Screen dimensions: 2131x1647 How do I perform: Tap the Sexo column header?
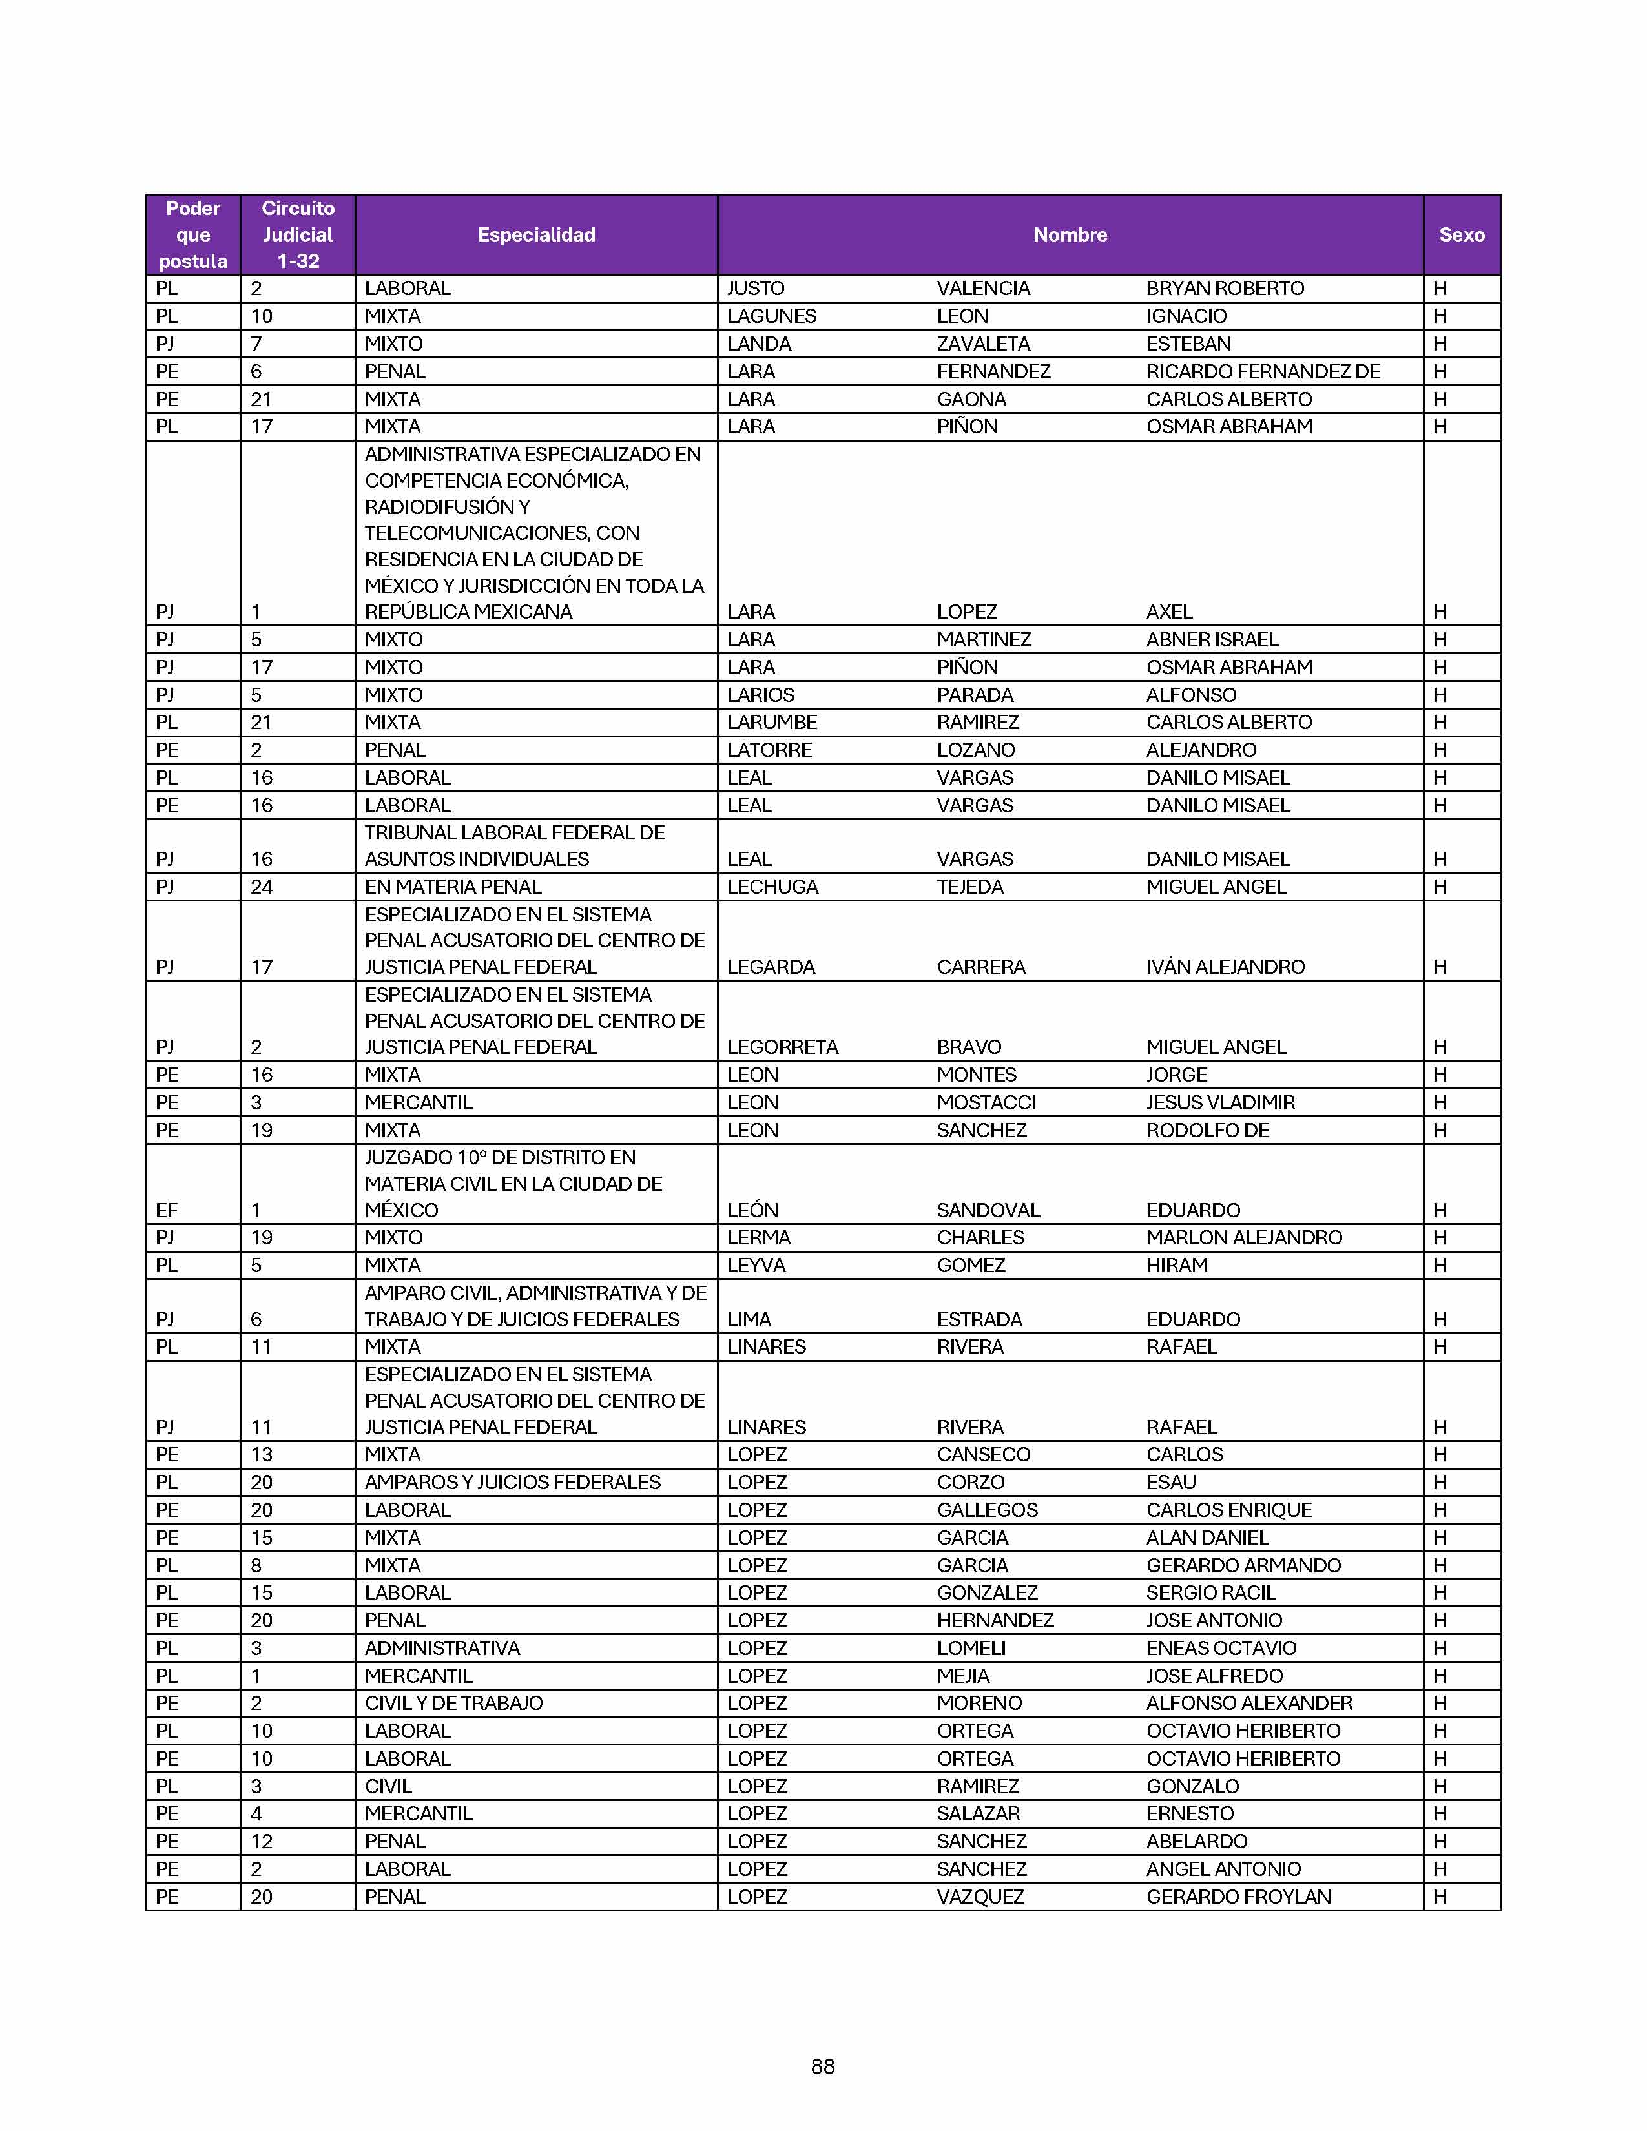[1460, 235]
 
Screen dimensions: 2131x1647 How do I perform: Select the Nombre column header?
[1070, 235]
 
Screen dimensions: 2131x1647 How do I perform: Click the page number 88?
[822, 2066]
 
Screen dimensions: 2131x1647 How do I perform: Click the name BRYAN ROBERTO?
[1225, 289]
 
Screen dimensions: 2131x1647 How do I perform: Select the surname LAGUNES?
[771, 316]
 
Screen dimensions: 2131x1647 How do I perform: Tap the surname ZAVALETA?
[982, 344]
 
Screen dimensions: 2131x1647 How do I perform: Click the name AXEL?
[1169, 612]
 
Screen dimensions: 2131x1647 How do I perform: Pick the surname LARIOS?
[760, 695]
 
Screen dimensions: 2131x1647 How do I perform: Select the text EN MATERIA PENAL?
[453, 887]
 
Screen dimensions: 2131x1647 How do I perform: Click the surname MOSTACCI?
[986, 1102]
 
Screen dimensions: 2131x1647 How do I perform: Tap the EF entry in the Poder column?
[167, 1210]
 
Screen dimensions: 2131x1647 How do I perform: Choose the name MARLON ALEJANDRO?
[1243, 1237]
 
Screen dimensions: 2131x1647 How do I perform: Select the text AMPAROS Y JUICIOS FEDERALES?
[512, 1482]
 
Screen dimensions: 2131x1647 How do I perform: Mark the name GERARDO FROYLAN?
[1238, 1897]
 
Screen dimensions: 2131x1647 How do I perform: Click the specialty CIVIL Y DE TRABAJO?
[453, 1703]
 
